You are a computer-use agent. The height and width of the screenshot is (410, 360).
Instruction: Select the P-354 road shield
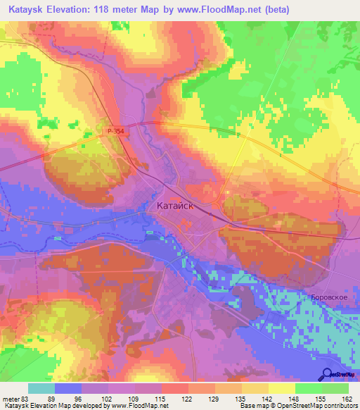pyautogui.click(x=115, y=131)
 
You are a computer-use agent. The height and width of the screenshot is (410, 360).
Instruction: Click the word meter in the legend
pyautogui.click(x=12, y=399)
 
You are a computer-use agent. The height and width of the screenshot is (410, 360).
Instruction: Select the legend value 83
pyautogui.click(x=29, y=399)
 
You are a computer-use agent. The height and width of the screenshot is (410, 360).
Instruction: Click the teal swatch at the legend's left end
pyautogui.click(x=41, y=388)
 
